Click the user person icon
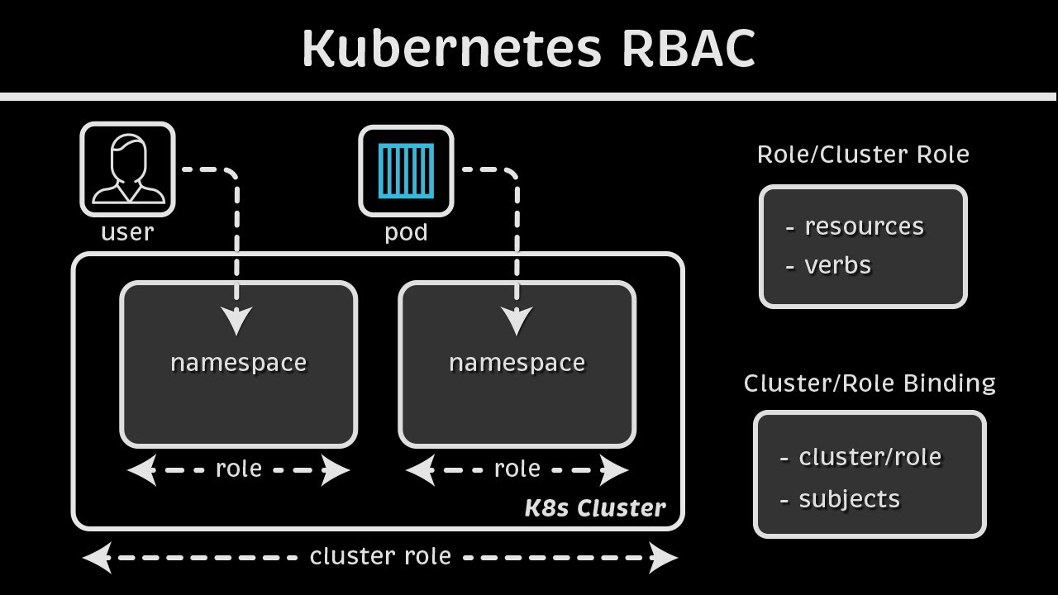(127, 169)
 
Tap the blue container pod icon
(406, 171)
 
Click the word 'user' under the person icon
(127, 232)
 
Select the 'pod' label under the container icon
(406, 232)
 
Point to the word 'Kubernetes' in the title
(451, 48)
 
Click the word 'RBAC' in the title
(688, 48)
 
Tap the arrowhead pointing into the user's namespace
(237, 321)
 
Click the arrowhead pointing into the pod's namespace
(517, 321)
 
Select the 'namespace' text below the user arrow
(238, 363)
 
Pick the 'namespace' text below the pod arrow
(517, 363)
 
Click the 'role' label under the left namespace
(238, 469)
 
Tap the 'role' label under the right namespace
(517, 469)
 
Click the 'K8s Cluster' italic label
(594, 508)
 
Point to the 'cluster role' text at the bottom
(380, 557)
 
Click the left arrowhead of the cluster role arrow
(98, 558)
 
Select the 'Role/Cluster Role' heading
(863, 155)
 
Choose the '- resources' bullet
(855, 226)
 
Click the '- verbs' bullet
(828, 265)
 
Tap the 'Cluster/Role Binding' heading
(870, 383)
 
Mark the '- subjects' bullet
(840, 499)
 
